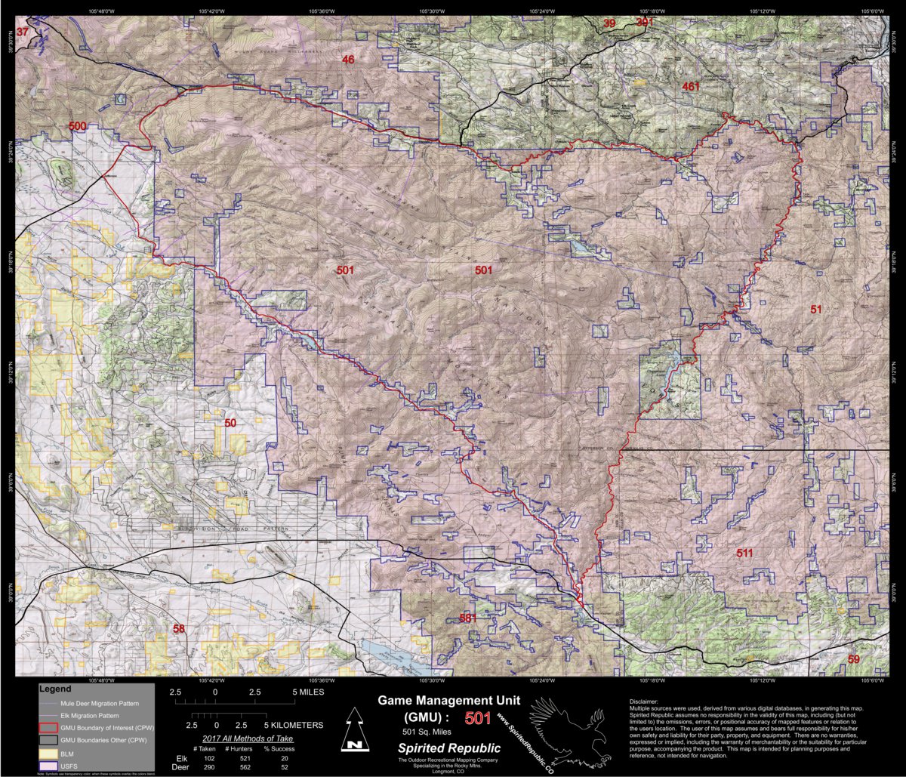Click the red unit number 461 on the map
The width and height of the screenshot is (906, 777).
click(690, 87)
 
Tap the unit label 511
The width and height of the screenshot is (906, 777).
click(744, 553)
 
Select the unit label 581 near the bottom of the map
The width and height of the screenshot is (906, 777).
click(468, 618)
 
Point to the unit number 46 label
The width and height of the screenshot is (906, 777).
click(348, 60)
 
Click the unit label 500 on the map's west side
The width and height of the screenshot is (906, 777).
click(78, 126)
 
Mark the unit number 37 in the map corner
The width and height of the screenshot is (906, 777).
click(22, 32)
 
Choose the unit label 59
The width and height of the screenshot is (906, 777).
click(854, 660)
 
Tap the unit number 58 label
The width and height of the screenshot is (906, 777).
click(179, 628)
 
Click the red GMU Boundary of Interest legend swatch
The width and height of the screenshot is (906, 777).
click(48, 727)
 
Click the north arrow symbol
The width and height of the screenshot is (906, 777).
click(352, 731)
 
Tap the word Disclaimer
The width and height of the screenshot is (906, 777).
click(648, 701)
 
